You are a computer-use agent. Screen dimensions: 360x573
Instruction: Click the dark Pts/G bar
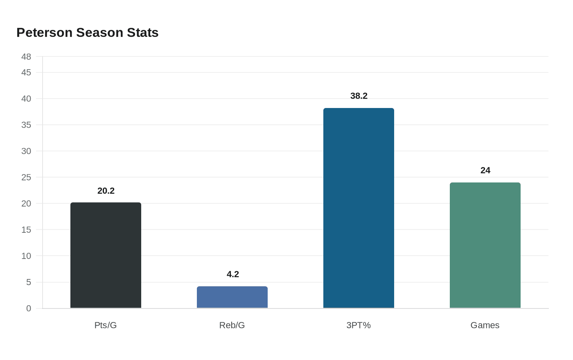[x=106, y=255]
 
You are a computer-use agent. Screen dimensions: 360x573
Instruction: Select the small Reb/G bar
[x=232, y=297]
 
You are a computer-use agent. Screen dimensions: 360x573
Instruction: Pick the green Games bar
[x=485, y=245]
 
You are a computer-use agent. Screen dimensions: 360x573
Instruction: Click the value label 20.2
[x=106, y=191]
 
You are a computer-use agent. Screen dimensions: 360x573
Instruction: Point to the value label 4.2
[x=232, y=274]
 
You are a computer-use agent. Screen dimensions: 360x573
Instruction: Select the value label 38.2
[x=359, y=96]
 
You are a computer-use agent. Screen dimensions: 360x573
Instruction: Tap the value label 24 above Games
[x=485, y=170]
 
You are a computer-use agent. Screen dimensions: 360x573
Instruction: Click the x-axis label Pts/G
[x=106, y=325]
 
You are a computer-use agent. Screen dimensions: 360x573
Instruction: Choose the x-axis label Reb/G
[x=232, y=325]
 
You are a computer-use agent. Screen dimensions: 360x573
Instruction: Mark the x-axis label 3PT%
[x=359, y=325]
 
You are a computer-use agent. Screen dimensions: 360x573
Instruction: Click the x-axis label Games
[x=485, y=325]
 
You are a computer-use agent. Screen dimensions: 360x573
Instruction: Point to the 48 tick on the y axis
[x=26, y=57]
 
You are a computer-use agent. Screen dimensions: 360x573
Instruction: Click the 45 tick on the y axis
[x=26, y=72]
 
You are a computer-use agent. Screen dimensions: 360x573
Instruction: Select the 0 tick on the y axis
[x=29, y=308]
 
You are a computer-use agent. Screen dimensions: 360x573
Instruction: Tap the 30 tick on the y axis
[x=26, y=151]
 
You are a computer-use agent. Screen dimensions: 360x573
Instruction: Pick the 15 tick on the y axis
[x=26, y=230]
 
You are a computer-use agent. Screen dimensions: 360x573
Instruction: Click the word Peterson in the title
[x=45, y=33]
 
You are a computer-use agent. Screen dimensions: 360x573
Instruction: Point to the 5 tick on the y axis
[x=29, y=282]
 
